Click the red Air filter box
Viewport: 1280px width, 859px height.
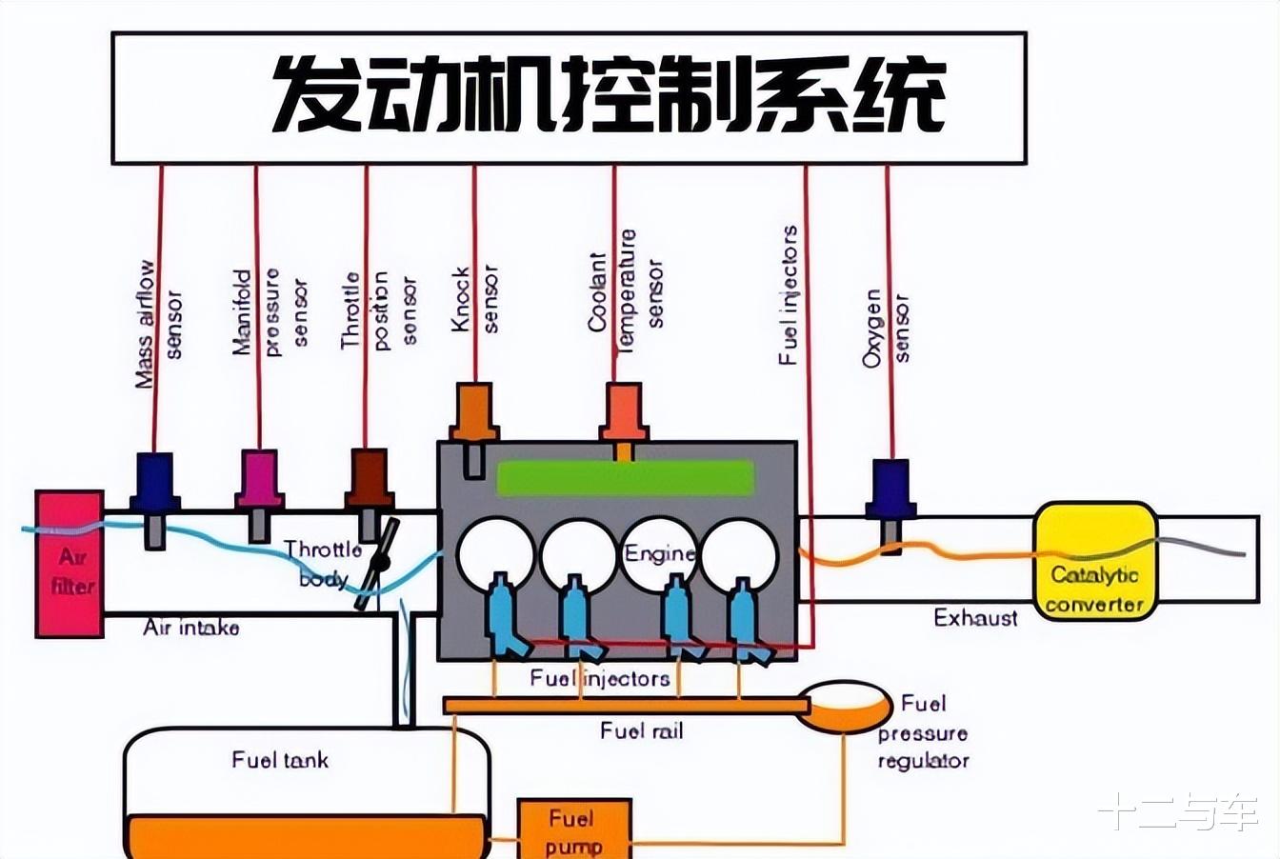(70, 564)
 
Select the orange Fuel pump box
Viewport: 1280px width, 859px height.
(574, 829)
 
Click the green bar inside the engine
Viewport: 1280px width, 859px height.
(626, 478)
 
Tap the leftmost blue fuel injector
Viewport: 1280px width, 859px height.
(506, 616)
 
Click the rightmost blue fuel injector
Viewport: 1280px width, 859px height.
(748, 620)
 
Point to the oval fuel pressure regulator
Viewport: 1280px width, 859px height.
(845, 707)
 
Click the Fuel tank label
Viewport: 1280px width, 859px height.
(280, 760)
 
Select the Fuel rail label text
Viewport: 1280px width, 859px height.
(642, 731)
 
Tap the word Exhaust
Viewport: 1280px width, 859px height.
(976, 618)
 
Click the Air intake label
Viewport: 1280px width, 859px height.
(190, 628)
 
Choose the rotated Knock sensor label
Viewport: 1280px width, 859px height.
(475, 299)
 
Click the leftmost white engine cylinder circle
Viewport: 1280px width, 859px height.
(495, 553)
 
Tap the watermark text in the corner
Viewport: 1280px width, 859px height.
(1178, 810)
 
